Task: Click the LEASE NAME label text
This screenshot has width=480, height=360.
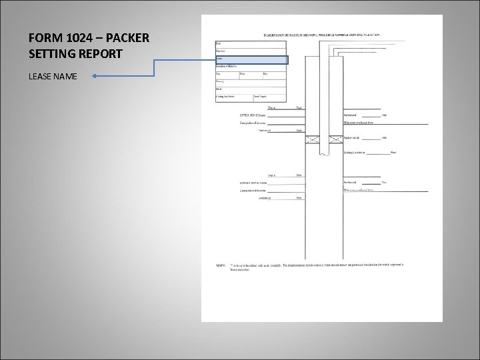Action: (x=53, y=77)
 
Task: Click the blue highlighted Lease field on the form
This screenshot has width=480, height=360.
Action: (x=251, y=59)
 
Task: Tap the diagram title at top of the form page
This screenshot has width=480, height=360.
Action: (x=322, y=33)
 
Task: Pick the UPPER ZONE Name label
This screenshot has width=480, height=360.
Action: (x=253, y=115)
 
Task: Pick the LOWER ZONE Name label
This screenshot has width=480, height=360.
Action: (x=253, y=183)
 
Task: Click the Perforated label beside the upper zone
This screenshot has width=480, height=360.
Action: (x=351, y=115)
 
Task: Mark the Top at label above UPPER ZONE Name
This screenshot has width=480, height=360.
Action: (x=272, y=107)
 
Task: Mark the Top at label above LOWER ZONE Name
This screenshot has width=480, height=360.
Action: (x=272, y=175)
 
